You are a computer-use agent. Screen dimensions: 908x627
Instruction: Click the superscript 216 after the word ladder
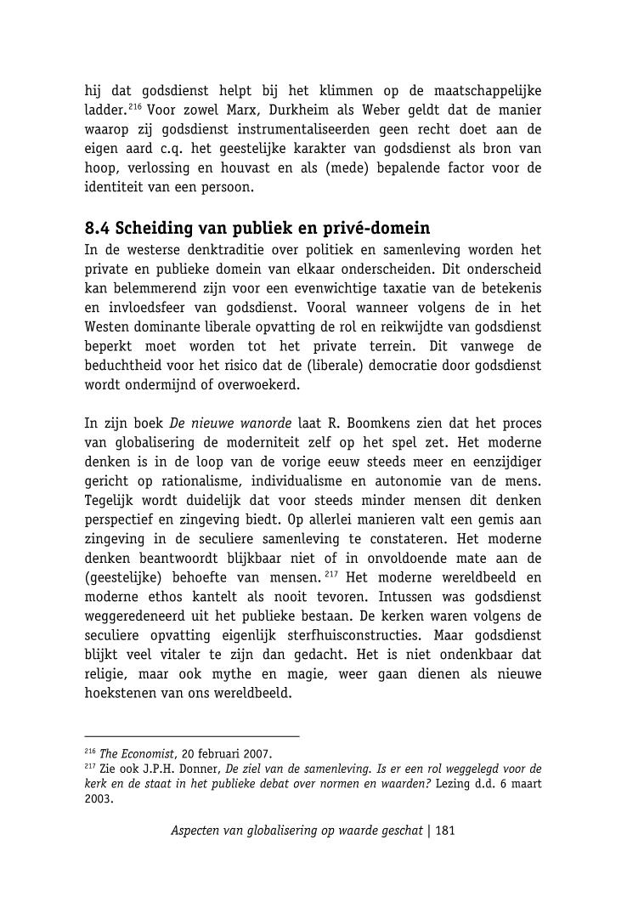pos(133,106)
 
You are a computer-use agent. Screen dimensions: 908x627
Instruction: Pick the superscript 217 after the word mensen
pos(331,574)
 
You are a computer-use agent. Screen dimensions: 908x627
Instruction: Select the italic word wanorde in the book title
pos(262,423)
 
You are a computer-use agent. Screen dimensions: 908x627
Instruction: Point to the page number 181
pos(445,831)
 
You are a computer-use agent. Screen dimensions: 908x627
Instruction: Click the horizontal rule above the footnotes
pos(192,735)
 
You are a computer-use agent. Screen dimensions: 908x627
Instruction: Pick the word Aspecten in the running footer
pos(195,831)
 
